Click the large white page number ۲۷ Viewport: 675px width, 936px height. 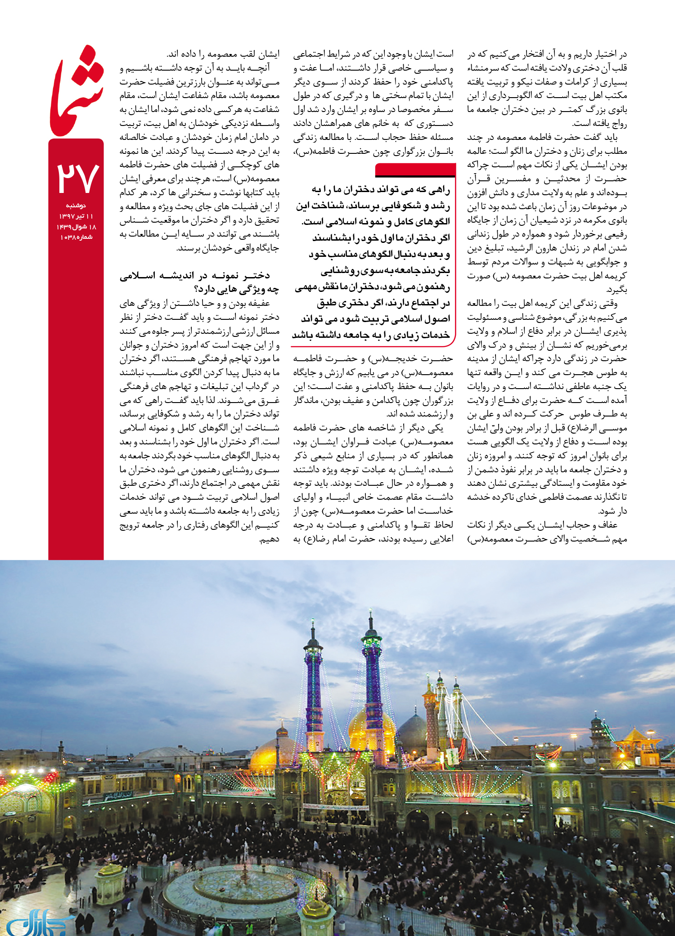[77, 177]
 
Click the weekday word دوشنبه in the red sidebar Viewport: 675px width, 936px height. [76, 206]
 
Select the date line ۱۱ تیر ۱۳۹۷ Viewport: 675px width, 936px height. [76, 216]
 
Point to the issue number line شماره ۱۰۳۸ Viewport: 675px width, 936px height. [76, 237]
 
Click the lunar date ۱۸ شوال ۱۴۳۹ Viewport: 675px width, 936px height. [76, 227]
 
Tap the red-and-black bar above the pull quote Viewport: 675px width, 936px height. [415, 170]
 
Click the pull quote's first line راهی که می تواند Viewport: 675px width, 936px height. [380, 190]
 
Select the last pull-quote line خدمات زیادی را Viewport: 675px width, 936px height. [371, 335]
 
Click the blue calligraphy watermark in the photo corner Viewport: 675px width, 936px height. [36, 922]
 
